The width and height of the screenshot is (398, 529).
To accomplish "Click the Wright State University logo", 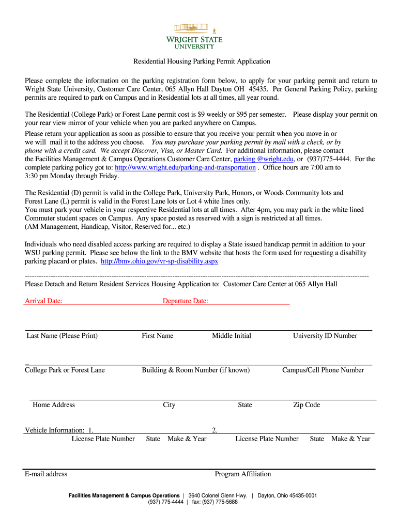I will (198, 35).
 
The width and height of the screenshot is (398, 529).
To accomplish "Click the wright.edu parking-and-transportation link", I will (185, 167).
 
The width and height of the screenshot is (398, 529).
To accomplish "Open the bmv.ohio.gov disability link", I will (159, 261).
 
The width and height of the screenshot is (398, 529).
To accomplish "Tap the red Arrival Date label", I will (43, 301).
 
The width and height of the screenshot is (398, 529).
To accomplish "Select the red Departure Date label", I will (185, 301).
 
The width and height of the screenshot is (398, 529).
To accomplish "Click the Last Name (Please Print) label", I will (62, 336).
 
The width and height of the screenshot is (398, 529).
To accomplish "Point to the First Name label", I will (158, 336).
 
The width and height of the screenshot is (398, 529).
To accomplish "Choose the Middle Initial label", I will (232, 336).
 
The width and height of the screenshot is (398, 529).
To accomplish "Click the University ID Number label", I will (325, 336).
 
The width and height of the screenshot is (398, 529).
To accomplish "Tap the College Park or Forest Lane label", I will (65, 370).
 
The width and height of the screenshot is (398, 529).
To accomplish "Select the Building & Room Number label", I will (195, 370).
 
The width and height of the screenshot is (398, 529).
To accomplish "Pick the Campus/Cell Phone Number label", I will (323, 370).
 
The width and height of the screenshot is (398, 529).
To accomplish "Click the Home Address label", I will (54, 404).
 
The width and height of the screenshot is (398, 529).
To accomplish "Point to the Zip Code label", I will (307, 404).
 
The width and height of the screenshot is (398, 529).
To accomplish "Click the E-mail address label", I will (46, 474).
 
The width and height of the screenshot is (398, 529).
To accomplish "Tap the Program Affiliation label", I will (243, 474).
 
